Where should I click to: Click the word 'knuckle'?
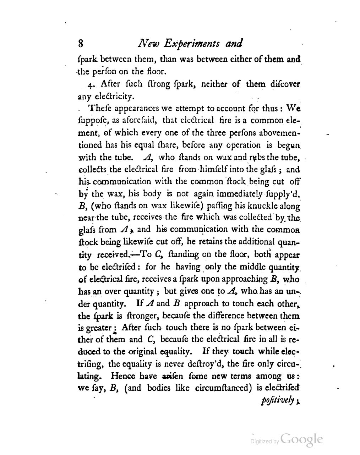pyautogui.click(x=253, y=206)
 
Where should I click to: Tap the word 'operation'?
pyautogui.click(x=244, y=145)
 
